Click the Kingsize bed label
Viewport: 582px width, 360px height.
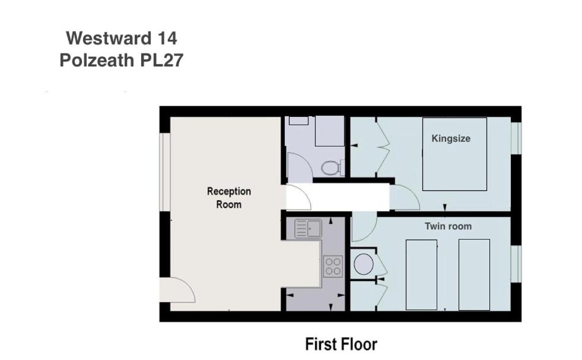pyautogui.click(x=451, y=139)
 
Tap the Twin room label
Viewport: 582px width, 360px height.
pyautogui.click(x=448, y=227)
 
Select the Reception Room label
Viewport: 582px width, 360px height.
pyautogui.click(x=229, y=198)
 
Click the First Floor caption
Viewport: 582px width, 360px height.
pyautogui.click(x=341, y=345)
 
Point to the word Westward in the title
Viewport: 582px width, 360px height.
pyautogui.click(x=109, y=38)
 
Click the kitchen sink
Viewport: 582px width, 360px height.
pyautogui.click(x=308, y=228)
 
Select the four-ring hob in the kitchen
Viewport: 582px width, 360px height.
pyautogui.click(x=333, y=266)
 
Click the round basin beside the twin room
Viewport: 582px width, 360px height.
pyautogui.click(x=363, y=265)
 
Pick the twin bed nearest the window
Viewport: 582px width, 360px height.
pyautogui.click(x=474, y=275)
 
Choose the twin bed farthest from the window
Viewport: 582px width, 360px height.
pyautogui.click(x=421, y=275)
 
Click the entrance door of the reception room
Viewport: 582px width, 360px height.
pyautogui.click(x=177, y=290)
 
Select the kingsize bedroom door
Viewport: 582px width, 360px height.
pyautogui.click(x=405, y=197)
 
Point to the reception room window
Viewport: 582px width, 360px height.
pyautogui.click(x=165, y=172)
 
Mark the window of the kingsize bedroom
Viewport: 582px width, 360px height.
pyautogui.click(x=516, y=138)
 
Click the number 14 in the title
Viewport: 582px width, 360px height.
pyautogui.click(x=167, y=38)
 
